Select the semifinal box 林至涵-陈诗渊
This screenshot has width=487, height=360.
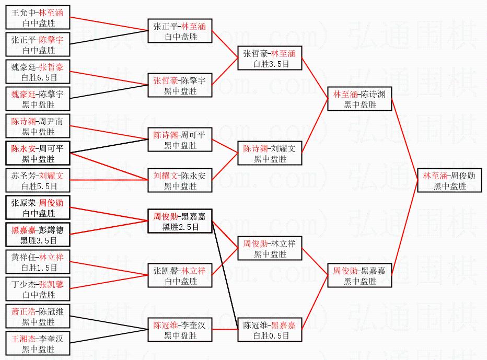[x=359, y=99]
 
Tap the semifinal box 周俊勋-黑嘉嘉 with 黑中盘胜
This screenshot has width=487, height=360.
[x=359, y=276]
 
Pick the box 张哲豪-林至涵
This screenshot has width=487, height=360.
[x=269, y=59]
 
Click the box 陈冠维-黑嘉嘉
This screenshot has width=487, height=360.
[x=269, y=330]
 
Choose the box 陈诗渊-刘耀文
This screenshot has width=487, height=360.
[x=269, y=154]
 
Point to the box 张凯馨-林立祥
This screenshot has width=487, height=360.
[x=180, y=276]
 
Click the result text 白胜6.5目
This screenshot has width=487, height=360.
[x=38, y=77]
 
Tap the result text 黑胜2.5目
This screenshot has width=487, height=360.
[x=180, y=227]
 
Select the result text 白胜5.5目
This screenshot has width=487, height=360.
[x=38, y=186]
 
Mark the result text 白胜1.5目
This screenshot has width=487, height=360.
[x=38, y=268]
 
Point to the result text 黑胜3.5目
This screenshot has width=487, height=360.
[x=38, y=240]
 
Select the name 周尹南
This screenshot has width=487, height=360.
[x=51, y=121]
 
